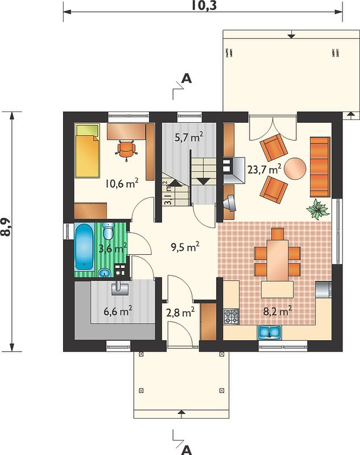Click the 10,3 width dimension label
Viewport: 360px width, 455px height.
point(204,6)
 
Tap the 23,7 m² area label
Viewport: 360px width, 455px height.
point(264,169)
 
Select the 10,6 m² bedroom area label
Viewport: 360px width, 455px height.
point(122,183)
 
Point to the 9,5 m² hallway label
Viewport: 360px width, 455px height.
point(185,247)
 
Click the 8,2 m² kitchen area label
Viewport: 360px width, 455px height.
point(278,311)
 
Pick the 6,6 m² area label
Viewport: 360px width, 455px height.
point(118,312)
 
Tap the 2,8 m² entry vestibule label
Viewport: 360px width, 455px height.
point(180,312)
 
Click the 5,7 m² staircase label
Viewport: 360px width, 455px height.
point(189,136)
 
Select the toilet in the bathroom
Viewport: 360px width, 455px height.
point(108,231)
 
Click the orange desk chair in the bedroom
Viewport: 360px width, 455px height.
point(126,150)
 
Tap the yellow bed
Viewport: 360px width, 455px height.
point(88,151)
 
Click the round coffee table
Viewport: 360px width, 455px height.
point(295,169)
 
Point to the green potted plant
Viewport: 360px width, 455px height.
point(318,209)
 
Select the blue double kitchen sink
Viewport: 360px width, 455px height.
point(270,332)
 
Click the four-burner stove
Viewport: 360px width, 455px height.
point(231,317)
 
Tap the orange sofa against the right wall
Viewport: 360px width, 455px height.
point(320,167)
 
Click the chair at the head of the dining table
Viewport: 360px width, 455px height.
point(278,234)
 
